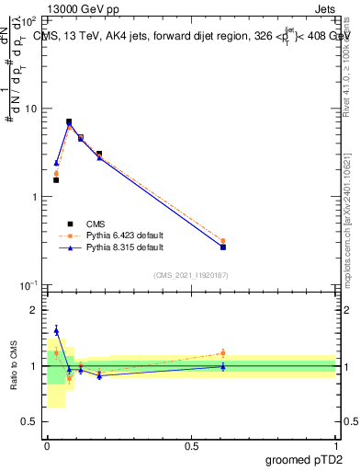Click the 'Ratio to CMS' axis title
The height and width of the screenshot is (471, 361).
(14, 366)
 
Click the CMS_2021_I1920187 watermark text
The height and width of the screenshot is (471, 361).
(191, 274)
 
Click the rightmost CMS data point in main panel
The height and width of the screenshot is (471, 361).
(223, 247)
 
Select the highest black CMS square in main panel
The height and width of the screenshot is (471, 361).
(69, 121)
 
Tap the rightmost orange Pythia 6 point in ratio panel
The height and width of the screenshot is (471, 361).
(223, 352)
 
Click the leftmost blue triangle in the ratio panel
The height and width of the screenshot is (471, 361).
(56, 330)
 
